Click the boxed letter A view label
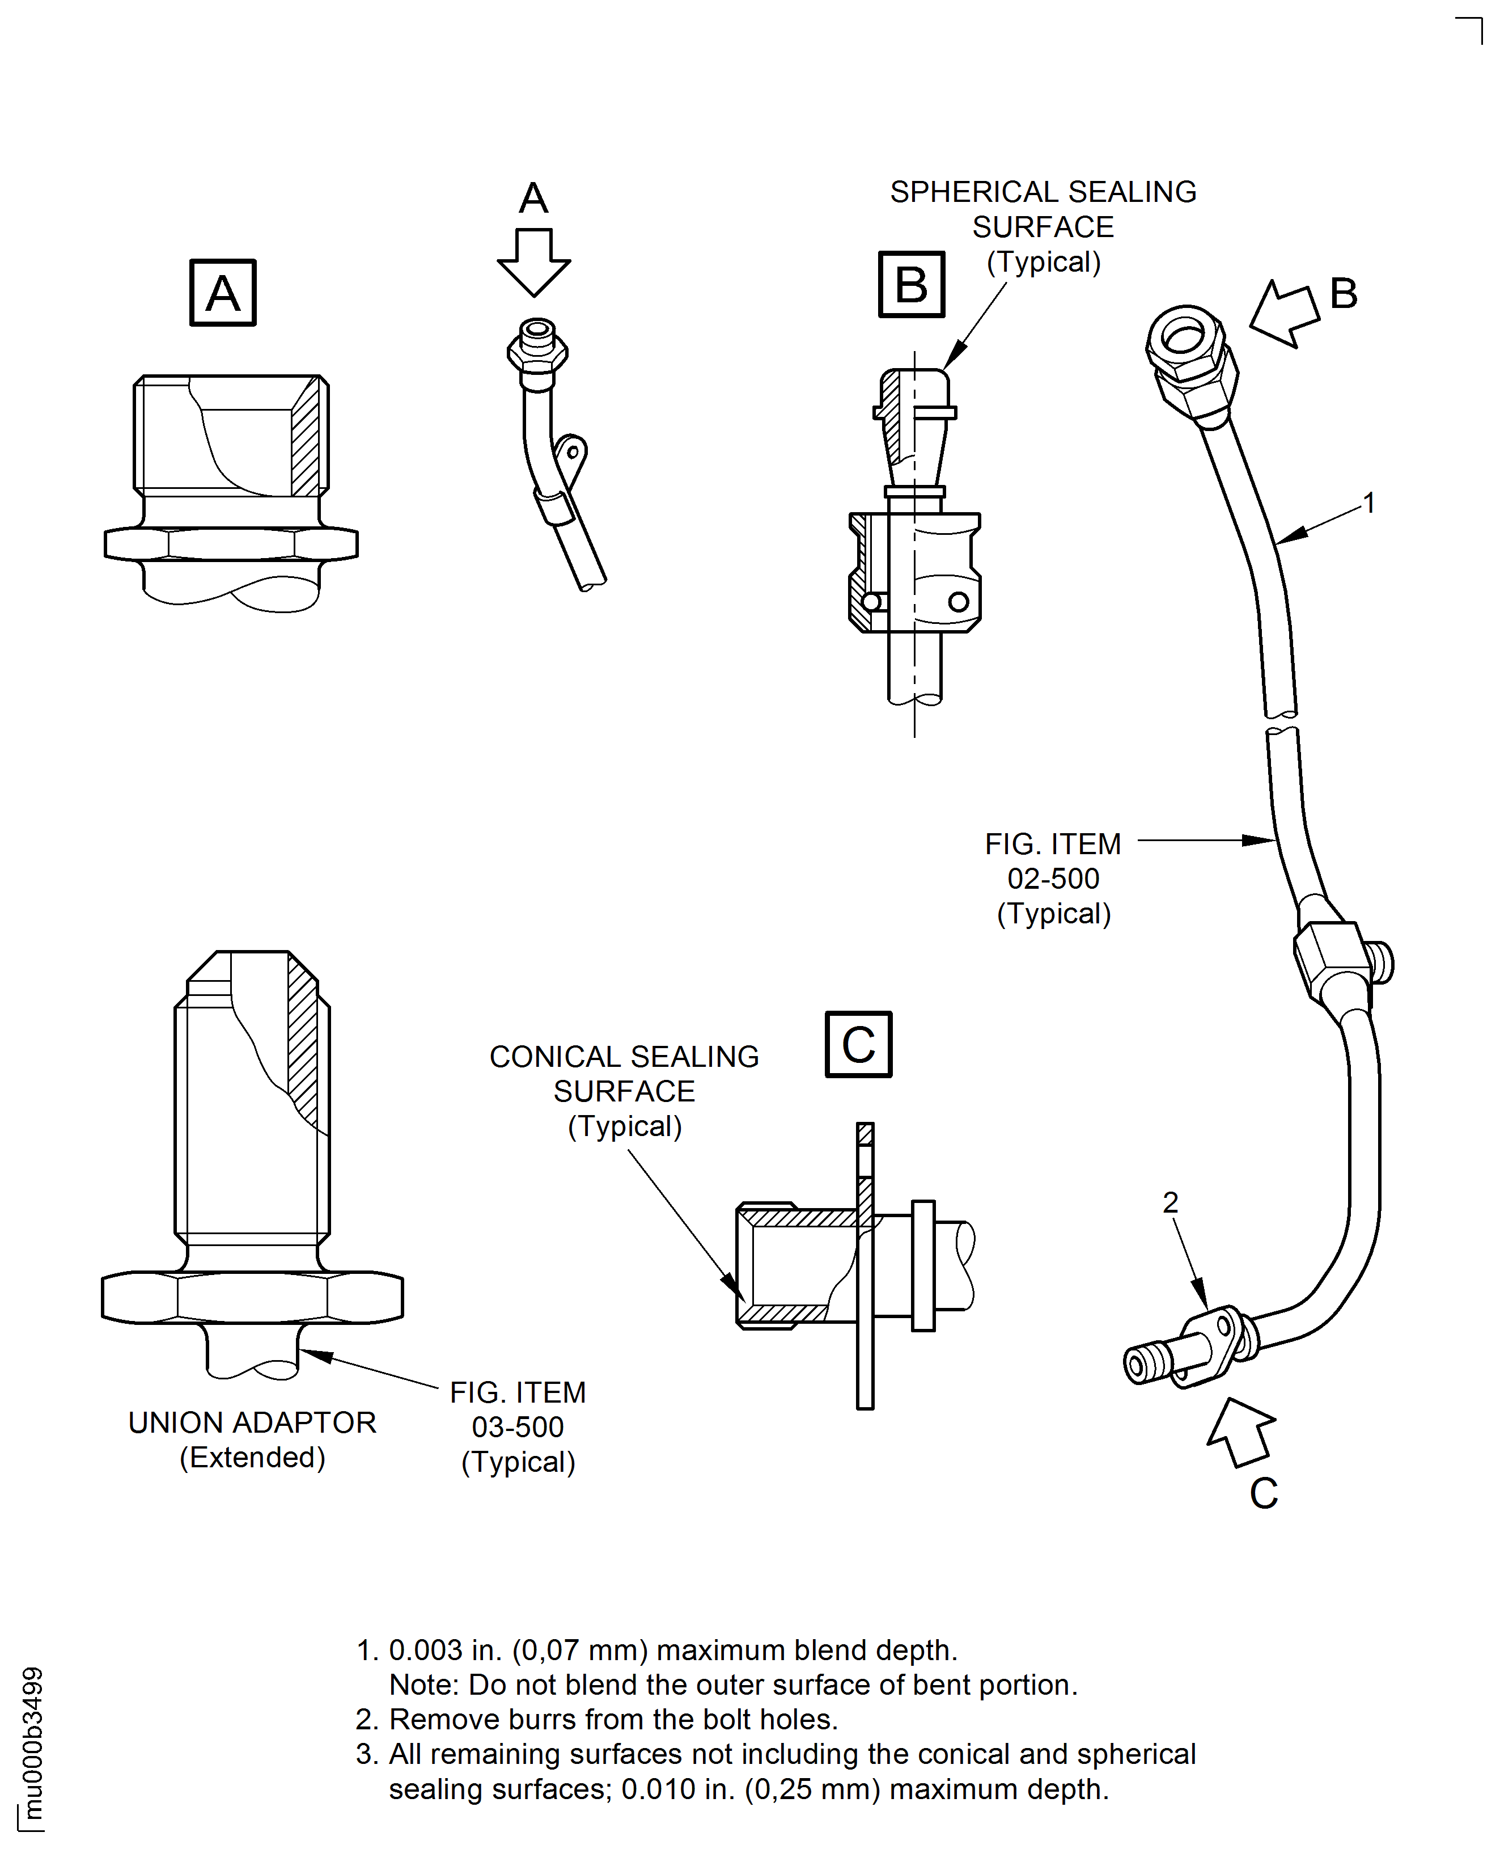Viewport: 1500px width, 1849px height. click(x=223, y=293)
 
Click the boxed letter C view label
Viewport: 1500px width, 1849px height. click(x=858, y=1044)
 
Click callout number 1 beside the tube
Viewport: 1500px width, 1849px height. click(x=1368, y=502)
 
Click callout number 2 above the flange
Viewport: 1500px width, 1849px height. click(x=1170, y=1202)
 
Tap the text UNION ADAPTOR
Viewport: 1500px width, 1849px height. click(x=252, y=1422)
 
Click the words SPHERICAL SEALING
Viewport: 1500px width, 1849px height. click(x=1043, y=192)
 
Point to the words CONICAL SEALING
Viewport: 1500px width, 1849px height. click(x=624, y=1056)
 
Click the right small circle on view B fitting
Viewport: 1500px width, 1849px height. click(x=958, y=602)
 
